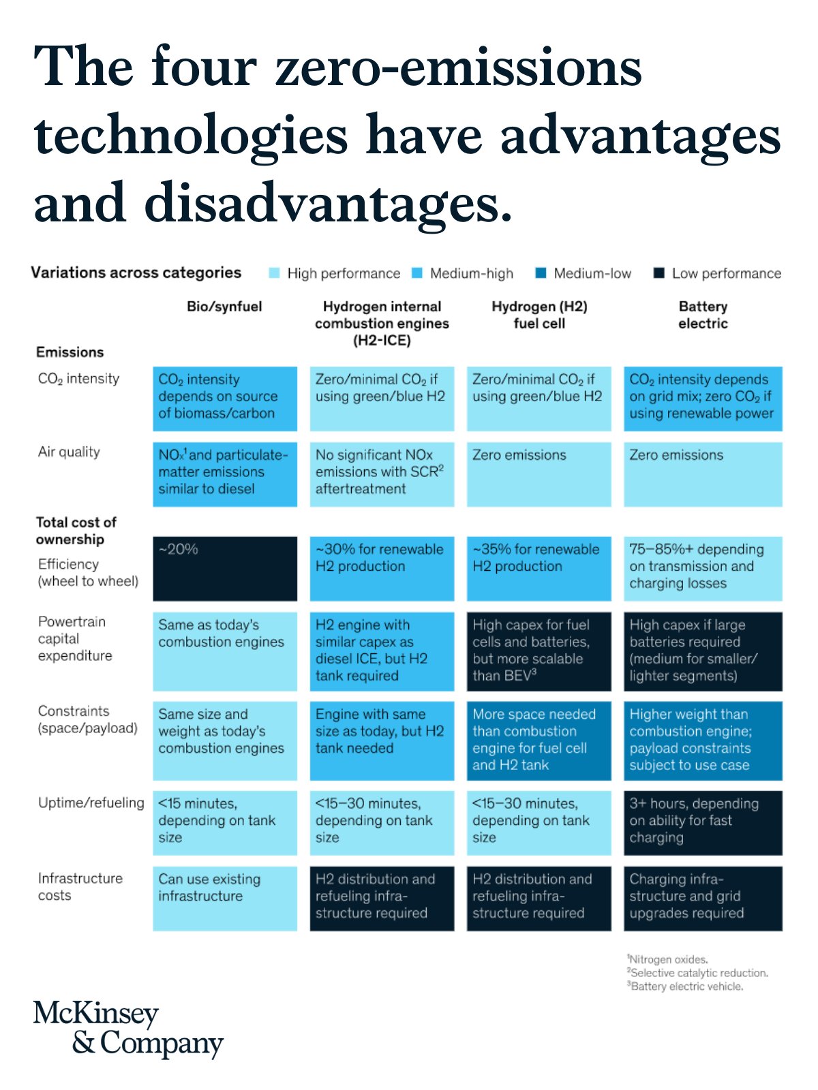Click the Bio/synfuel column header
click(x=224, y=307)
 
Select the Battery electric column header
click(x=703, y=315)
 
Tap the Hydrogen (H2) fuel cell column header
click(x=539, y=315)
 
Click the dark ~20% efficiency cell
click(x=225, y=568)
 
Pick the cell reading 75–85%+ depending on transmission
click(x=703, y=568)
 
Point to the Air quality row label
click(x=69, y=452)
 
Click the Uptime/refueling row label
click(x=91, y=803)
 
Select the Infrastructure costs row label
click(x=80, y=886)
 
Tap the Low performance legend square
click(x=658, y=273)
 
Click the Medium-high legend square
click(x=417, y=273)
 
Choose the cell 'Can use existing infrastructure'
click(x=225, y=898)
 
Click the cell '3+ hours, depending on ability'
click(x=703, y=822)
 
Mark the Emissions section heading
click(x=70, y=352)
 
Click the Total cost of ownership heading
click(x=76, y=531)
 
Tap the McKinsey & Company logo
click(x=128, y=1029)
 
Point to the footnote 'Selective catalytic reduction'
click(x=698, y=973)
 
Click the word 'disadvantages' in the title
click(x=327, y=203)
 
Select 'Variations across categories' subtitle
click(x=136, y=272)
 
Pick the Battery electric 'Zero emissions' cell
click(x=703, y=474)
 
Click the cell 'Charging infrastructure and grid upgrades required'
click(x=703, y=898)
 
